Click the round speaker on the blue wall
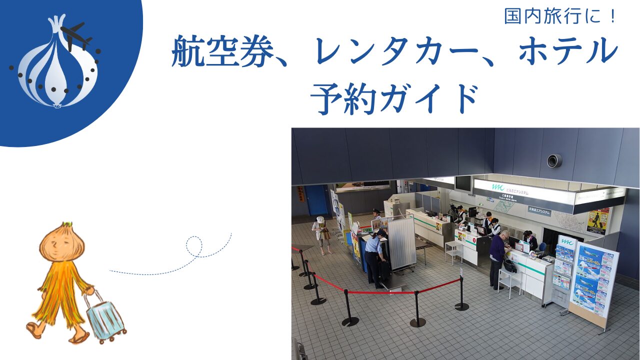[x=554, y=160]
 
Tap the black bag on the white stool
[x=509, y=265]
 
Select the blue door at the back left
[x=316, y=200]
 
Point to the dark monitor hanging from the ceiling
[x=462, y=184]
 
